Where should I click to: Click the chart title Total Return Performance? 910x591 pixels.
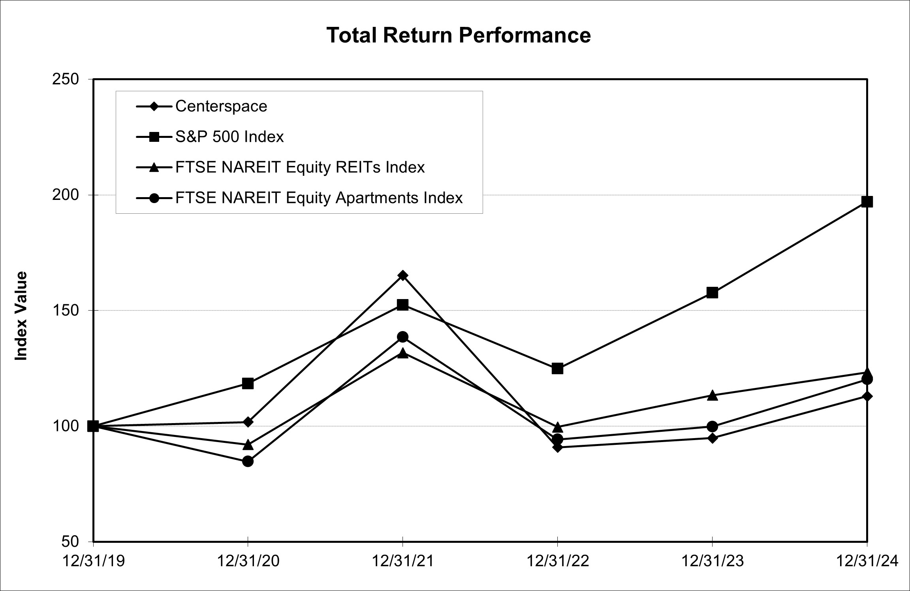click(459, 35)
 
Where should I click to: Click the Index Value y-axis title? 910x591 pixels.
click(21, 316)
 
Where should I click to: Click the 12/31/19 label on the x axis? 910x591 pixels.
click(94, 561)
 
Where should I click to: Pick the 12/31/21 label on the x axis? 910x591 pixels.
click(403, 561)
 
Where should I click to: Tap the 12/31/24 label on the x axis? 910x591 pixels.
click(867, 561)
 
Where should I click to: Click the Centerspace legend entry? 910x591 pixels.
click(221, 106)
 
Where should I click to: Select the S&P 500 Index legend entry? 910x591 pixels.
click(229, 137)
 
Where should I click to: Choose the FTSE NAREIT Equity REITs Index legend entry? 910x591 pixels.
click(300, 167)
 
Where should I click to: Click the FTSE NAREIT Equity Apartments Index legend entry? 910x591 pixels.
click(319, 198)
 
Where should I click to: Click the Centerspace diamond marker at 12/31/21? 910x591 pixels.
click(402, 275)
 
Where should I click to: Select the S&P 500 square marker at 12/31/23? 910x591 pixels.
click(712, 293)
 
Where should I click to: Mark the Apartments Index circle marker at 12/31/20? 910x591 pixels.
click(248, 461)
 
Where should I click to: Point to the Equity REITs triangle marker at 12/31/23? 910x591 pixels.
click(712, 395)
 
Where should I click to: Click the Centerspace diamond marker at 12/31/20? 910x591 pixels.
click(248, 422)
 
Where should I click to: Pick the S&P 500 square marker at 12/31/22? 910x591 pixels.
click(557, 369)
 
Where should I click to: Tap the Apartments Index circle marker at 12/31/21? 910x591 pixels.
click(402, 337)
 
